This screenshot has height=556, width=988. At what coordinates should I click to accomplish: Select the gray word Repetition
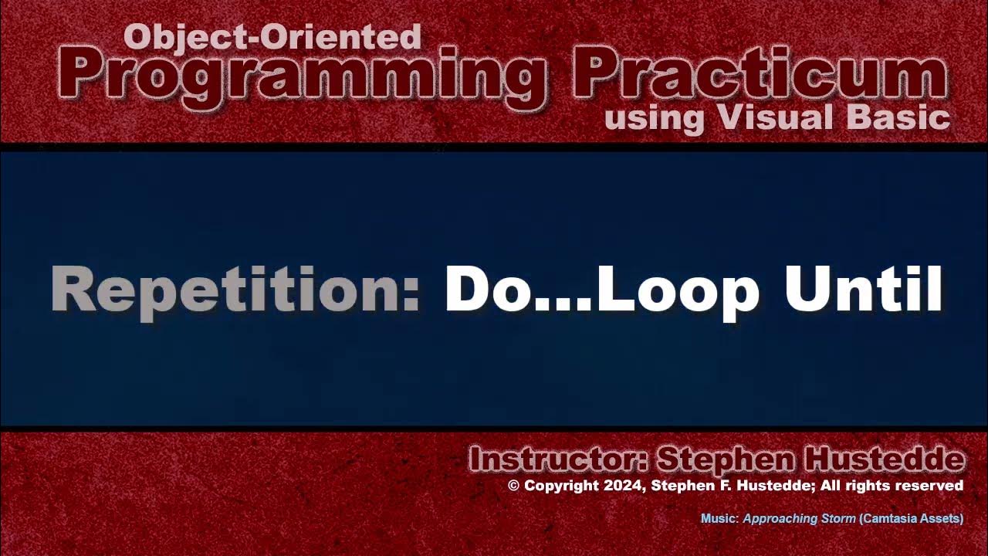[x=235, y=290]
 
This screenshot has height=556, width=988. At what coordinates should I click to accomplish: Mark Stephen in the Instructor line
[x=725, y=460]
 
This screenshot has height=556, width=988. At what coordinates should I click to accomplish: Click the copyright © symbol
[x=514, y=486]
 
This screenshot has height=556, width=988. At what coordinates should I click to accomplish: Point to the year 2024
[x=621, y=486]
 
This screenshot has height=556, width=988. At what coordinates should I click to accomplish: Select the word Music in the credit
[x=719, y=519]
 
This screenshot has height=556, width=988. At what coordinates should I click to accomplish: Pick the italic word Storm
[x=835, y=519]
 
